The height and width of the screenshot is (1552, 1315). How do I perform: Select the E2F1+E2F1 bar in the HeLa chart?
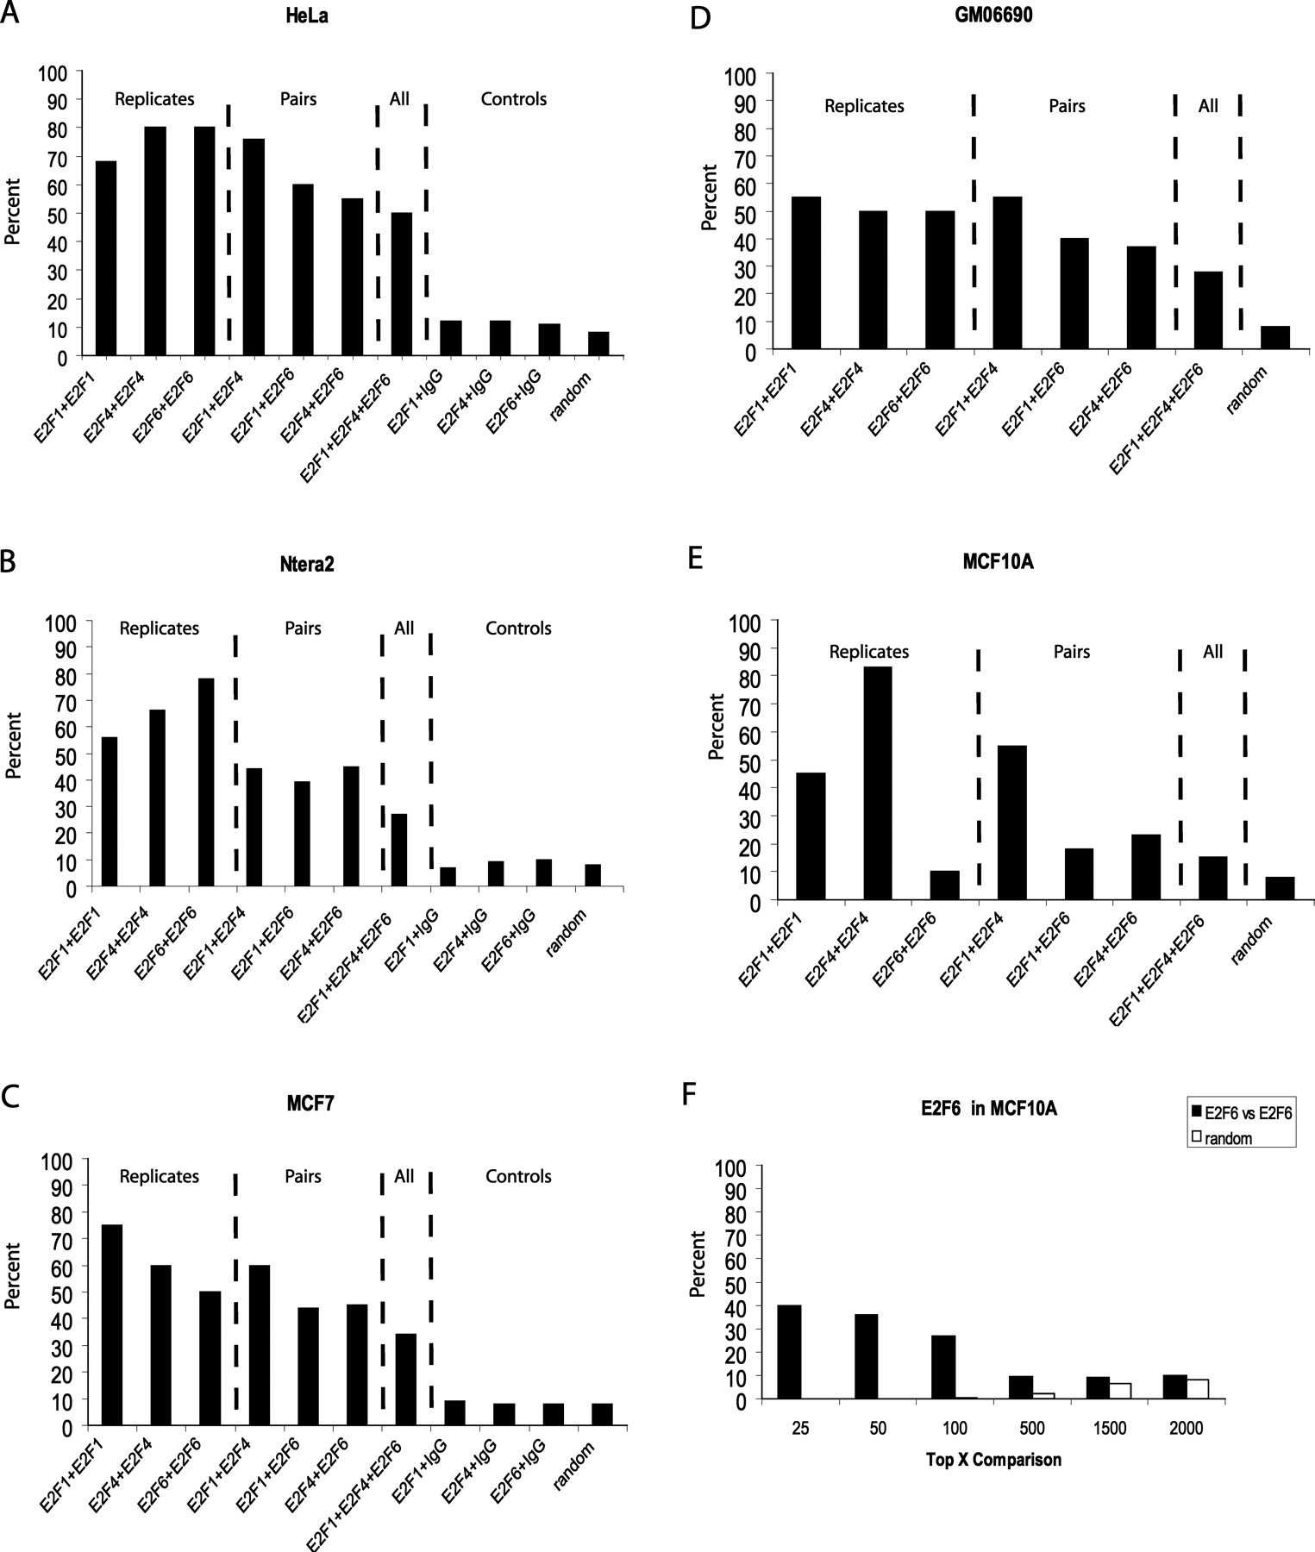point(106,259)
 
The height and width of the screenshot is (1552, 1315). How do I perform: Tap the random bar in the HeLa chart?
point(598,343)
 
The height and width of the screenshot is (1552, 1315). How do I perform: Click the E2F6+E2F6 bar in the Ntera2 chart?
point(205,781)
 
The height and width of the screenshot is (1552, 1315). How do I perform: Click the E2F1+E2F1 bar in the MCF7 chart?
point(112,1324)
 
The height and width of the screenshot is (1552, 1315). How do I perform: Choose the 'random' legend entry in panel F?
point(1228,1138)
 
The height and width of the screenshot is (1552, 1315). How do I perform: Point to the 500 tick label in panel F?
point(1031,1429)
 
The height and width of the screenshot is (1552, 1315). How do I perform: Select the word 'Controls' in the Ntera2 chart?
point(518,628)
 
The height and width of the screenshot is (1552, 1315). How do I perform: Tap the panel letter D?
point(699,17)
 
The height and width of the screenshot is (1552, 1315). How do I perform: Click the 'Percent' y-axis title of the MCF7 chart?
point(13,1276)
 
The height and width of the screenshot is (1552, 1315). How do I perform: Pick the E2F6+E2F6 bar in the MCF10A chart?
point(944,886)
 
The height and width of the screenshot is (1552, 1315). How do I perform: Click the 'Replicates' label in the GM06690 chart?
point(864,106)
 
